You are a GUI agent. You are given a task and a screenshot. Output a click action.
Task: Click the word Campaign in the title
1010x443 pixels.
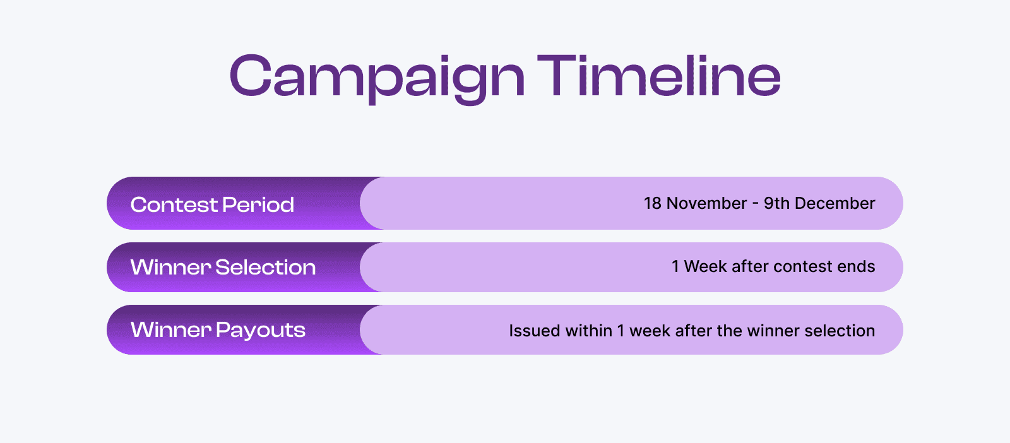(377, 77)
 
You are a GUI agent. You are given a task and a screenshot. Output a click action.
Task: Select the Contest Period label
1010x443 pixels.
(212, 204)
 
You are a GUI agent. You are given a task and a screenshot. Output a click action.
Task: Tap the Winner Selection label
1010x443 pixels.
(223, 267)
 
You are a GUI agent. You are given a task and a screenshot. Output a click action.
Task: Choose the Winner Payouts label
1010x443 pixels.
(218, 329)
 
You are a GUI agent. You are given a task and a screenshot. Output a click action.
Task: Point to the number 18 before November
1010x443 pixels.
(652, 203)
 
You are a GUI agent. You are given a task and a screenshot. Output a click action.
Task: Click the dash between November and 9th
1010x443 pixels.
(755, 204)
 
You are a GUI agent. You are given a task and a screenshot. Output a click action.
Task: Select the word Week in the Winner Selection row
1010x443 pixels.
(705, 266)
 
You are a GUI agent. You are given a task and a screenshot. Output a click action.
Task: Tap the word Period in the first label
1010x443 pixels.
(258, 204)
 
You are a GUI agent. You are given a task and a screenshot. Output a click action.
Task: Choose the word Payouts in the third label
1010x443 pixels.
(261, 330)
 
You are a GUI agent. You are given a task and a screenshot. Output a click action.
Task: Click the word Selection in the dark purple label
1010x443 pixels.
(265, 267)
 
